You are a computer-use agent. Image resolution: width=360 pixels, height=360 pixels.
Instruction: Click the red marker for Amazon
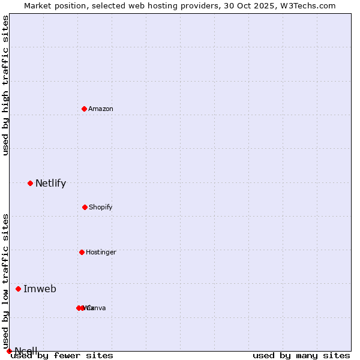84,109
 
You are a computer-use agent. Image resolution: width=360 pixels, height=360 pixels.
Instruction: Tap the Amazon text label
101,109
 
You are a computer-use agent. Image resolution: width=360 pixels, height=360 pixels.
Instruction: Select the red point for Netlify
30,183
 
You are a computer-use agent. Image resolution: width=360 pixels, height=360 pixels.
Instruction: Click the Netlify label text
50,184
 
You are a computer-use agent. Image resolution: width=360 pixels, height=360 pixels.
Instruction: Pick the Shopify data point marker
85,207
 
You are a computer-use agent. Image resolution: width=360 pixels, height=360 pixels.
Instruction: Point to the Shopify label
101,207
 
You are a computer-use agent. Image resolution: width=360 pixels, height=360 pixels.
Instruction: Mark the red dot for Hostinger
82,252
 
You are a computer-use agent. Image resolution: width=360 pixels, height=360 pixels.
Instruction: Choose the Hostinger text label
101,252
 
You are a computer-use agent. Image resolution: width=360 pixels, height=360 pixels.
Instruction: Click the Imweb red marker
18,289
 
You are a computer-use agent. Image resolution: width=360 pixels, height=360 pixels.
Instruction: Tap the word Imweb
40,289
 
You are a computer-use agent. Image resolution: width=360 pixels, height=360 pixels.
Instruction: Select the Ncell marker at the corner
9,351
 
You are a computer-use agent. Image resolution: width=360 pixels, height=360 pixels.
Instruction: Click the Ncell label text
26,351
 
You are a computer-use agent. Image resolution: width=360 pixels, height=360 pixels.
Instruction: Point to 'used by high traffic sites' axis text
5,85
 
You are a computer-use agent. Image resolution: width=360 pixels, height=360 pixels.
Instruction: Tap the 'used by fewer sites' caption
62,356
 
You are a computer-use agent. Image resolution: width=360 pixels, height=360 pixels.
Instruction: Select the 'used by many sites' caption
301,356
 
